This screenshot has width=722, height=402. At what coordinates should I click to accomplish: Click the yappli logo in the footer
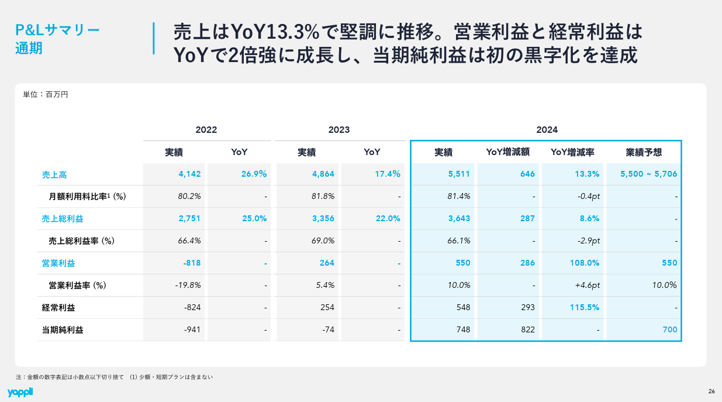point(20,392)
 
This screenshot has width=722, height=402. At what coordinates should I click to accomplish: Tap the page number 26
point(711,391)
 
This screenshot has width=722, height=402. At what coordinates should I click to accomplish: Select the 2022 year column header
point(206,129)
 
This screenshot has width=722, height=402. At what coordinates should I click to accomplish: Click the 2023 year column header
point(339,129)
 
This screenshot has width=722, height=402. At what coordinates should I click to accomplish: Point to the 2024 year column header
point(547,129)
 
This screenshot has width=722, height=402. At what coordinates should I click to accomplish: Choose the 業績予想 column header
point(644,152)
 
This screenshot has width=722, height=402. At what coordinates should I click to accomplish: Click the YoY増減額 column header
point(507,152)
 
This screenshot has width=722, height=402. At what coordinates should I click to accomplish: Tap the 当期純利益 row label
point(63,330)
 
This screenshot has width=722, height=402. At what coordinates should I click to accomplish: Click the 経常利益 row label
point(58,308)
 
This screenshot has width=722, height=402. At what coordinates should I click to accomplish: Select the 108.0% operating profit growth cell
point(585,263)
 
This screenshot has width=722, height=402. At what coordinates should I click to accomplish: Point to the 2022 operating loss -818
point(192,263)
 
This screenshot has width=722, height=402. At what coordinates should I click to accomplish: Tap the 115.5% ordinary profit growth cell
point(585,307)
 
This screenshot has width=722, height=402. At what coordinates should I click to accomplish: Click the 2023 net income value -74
point(328,329)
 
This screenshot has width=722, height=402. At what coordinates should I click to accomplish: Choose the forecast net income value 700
point(670,329)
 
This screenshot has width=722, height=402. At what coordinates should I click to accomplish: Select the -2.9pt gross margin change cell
point(588,240)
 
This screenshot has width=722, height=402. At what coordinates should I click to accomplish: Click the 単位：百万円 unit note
point(46,94)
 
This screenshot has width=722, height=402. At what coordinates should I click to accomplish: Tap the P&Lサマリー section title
point(57,30)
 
